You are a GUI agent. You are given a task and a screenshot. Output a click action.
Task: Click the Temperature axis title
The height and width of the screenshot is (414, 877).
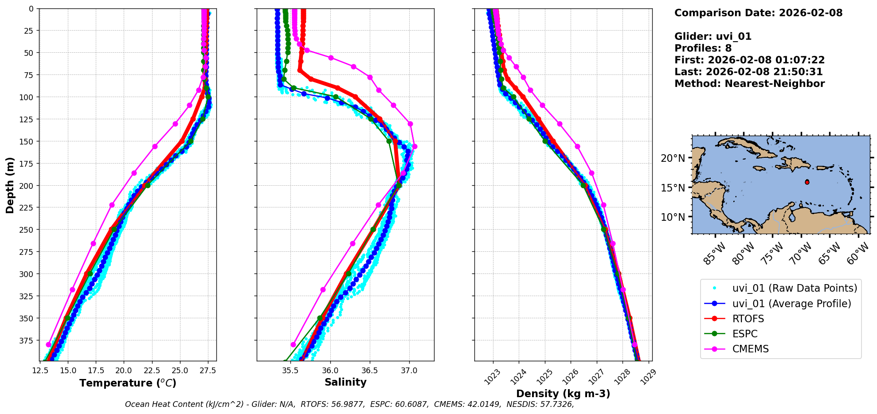[x=128, y=383]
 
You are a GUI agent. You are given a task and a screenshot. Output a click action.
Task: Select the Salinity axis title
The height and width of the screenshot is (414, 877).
[x=345, y=382]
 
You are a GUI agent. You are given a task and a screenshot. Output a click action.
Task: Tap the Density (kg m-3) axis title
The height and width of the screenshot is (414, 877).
[x=563, y=394]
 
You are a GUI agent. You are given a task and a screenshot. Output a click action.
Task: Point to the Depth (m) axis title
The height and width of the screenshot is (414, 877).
[x=10, y=185]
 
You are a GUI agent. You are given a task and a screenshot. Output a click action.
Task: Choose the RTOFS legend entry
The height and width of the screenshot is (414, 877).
[x=748, y=319]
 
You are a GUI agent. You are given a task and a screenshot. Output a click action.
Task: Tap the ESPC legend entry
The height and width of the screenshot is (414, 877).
[x=745, y=334]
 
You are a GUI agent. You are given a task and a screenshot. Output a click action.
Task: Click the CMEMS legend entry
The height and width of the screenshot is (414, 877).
[x=750, y=349]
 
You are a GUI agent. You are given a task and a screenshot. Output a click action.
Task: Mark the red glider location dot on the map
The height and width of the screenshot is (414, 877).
[x=807, y=182]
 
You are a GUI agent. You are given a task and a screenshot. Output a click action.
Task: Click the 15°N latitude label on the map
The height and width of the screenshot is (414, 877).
[x=673, y=188]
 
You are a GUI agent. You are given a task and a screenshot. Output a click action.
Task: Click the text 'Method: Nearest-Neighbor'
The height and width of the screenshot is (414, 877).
[x=749, y=84]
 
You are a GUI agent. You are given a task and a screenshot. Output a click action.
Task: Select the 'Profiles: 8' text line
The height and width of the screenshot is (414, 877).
[x=703, y=48]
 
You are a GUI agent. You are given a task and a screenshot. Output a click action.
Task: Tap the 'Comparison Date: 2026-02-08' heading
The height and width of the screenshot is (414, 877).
[x=758, y=13]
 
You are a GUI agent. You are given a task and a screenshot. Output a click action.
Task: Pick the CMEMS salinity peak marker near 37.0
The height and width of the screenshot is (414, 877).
[x=415, y=146]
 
